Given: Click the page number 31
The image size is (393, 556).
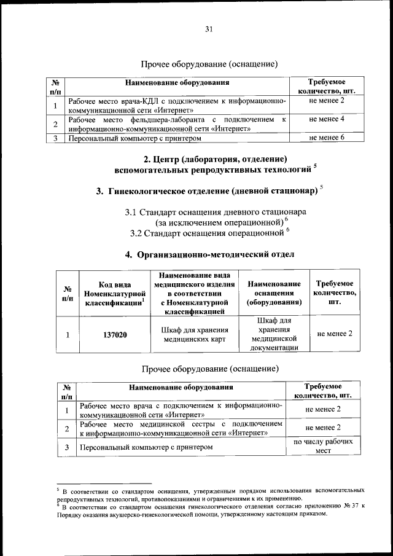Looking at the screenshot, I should pos(208,29).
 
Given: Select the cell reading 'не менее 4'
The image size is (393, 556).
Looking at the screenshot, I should pos(326,118).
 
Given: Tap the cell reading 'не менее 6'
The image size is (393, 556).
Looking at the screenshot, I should pos(326,138).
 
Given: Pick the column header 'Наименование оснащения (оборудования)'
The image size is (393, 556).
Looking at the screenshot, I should pos(274,293).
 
